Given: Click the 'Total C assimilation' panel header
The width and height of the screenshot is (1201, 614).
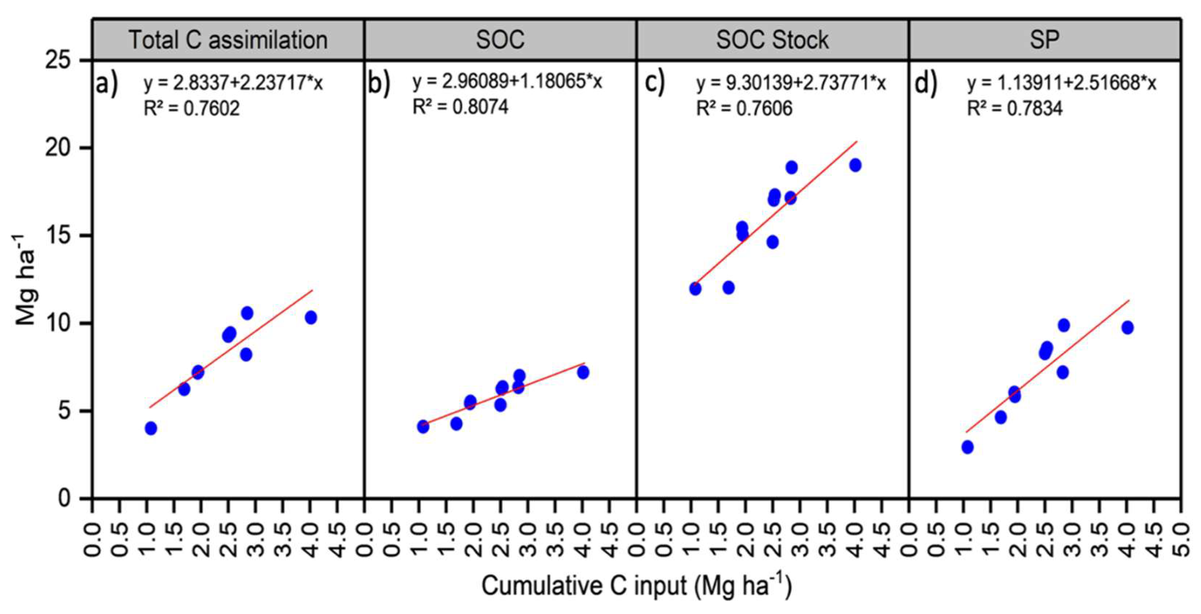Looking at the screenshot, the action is (228, 39).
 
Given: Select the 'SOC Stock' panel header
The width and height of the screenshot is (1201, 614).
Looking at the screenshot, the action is (772, 39).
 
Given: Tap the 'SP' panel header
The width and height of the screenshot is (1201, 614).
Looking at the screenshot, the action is (1044, 39).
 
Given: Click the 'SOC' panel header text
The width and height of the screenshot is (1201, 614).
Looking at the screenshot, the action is (500, 39).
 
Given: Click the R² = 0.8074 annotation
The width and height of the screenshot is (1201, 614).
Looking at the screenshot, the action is (461, 107).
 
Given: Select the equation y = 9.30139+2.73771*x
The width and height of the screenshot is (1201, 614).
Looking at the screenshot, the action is (791, 83).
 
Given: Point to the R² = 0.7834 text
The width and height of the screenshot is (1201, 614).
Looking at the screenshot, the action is (1015, 108).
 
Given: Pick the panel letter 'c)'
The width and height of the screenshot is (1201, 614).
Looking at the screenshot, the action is (655, 84).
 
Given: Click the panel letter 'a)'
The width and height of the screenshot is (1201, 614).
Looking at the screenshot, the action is (107, 84).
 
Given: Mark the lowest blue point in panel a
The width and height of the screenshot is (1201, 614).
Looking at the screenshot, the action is (151, 428).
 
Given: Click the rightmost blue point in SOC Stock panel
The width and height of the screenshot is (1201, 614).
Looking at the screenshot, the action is (855, 165).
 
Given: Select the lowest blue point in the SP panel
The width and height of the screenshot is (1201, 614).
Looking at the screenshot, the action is (968, 447).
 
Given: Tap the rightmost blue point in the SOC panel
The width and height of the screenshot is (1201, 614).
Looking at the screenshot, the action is (583, 372).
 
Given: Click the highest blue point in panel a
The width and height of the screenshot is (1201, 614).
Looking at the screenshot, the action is (247, 313).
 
